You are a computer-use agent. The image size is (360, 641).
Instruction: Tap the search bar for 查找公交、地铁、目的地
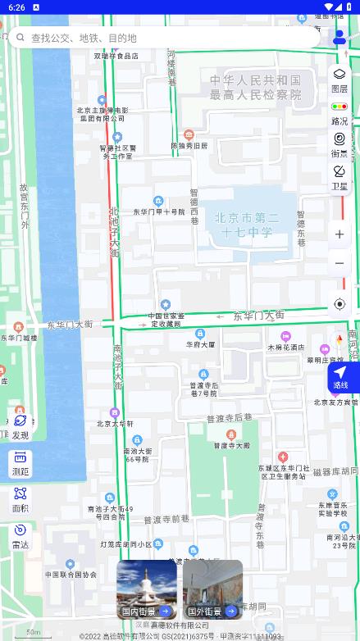[x=164, y=38]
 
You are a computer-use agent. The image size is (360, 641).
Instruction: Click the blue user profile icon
[x=339, y=38]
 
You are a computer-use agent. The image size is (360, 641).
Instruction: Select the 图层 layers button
[x=339, y=80]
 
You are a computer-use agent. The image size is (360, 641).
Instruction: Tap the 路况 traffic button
[x=339, y=113]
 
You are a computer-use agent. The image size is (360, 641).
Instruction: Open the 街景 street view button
[x=339, y=145]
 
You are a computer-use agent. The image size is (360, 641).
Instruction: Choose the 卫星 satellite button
[x=339, y=177]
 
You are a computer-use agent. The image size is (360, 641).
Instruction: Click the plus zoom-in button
[x=339, y=234]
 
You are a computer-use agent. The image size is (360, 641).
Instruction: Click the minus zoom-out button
[x=339, y=263]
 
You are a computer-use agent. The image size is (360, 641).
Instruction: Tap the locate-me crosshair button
[x=339, y=304]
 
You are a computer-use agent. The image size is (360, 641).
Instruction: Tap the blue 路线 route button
[x=340, y=377]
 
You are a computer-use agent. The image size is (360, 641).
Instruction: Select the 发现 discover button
[x=21, y=426]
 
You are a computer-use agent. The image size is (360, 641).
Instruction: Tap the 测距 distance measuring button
[x=21, y=463]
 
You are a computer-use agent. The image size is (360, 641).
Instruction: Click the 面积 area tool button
[x=21, y=500]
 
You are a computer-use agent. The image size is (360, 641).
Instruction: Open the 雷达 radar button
[x=21, y=536]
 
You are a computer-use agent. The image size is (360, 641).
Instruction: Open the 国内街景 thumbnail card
[x=147, y=589]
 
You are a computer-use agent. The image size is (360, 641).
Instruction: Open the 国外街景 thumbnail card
[x=212, y=589]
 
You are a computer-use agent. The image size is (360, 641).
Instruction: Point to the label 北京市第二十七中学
[x=246, y=225]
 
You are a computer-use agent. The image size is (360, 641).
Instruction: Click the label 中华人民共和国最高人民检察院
[x=255, y=87]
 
